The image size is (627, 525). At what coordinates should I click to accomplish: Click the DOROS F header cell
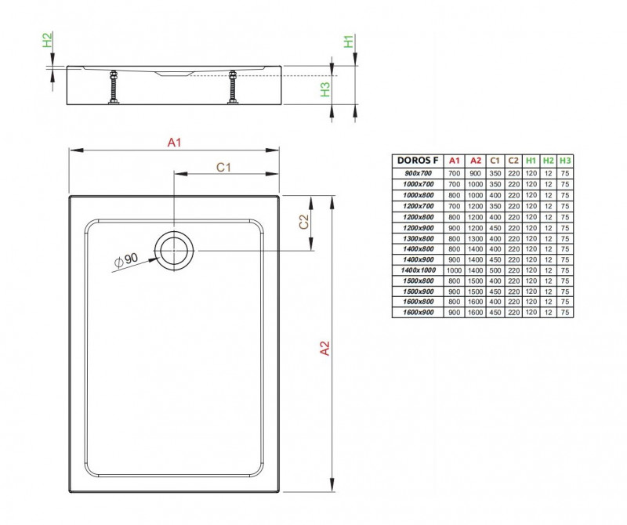pos(418,161)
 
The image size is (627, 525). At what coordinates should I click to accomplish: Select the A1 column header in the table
pos(454,161)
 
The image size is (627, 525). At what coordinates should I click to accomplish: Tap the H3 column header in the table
pos(565,161)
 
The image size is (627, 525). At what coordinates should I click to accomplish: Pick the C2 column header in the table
pos(513,161)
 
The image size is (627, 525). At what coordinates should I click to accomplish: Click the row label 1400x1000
pos(418,270)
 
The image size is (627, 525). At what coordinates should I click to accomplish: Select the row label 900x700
pos(418,172)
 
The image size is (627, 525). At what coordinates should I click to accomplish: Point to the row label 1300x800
pos(418,237)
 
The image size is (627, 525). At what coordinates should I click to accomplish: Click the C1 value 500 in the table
pos(494,270)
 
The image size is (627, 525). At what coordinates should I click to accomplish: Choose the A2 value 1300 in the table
pos(474,237)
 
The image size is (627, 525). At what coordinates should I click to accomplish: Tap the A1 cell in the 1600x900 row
pos(454,313)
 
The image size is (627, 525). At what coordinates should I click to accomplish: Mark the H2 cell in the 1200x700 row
pos(549,205)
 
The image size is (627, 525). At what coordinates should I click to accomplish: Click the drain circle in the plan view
pos(172,250)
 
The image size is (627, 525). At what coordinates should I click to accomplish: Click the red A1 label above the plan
pos(174,142)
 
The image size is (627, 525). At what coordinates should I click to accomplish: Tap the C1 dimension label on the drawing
pos(223,166)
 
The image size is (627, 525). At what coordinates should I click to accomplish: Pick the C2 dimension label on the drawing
pos(303,223)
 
